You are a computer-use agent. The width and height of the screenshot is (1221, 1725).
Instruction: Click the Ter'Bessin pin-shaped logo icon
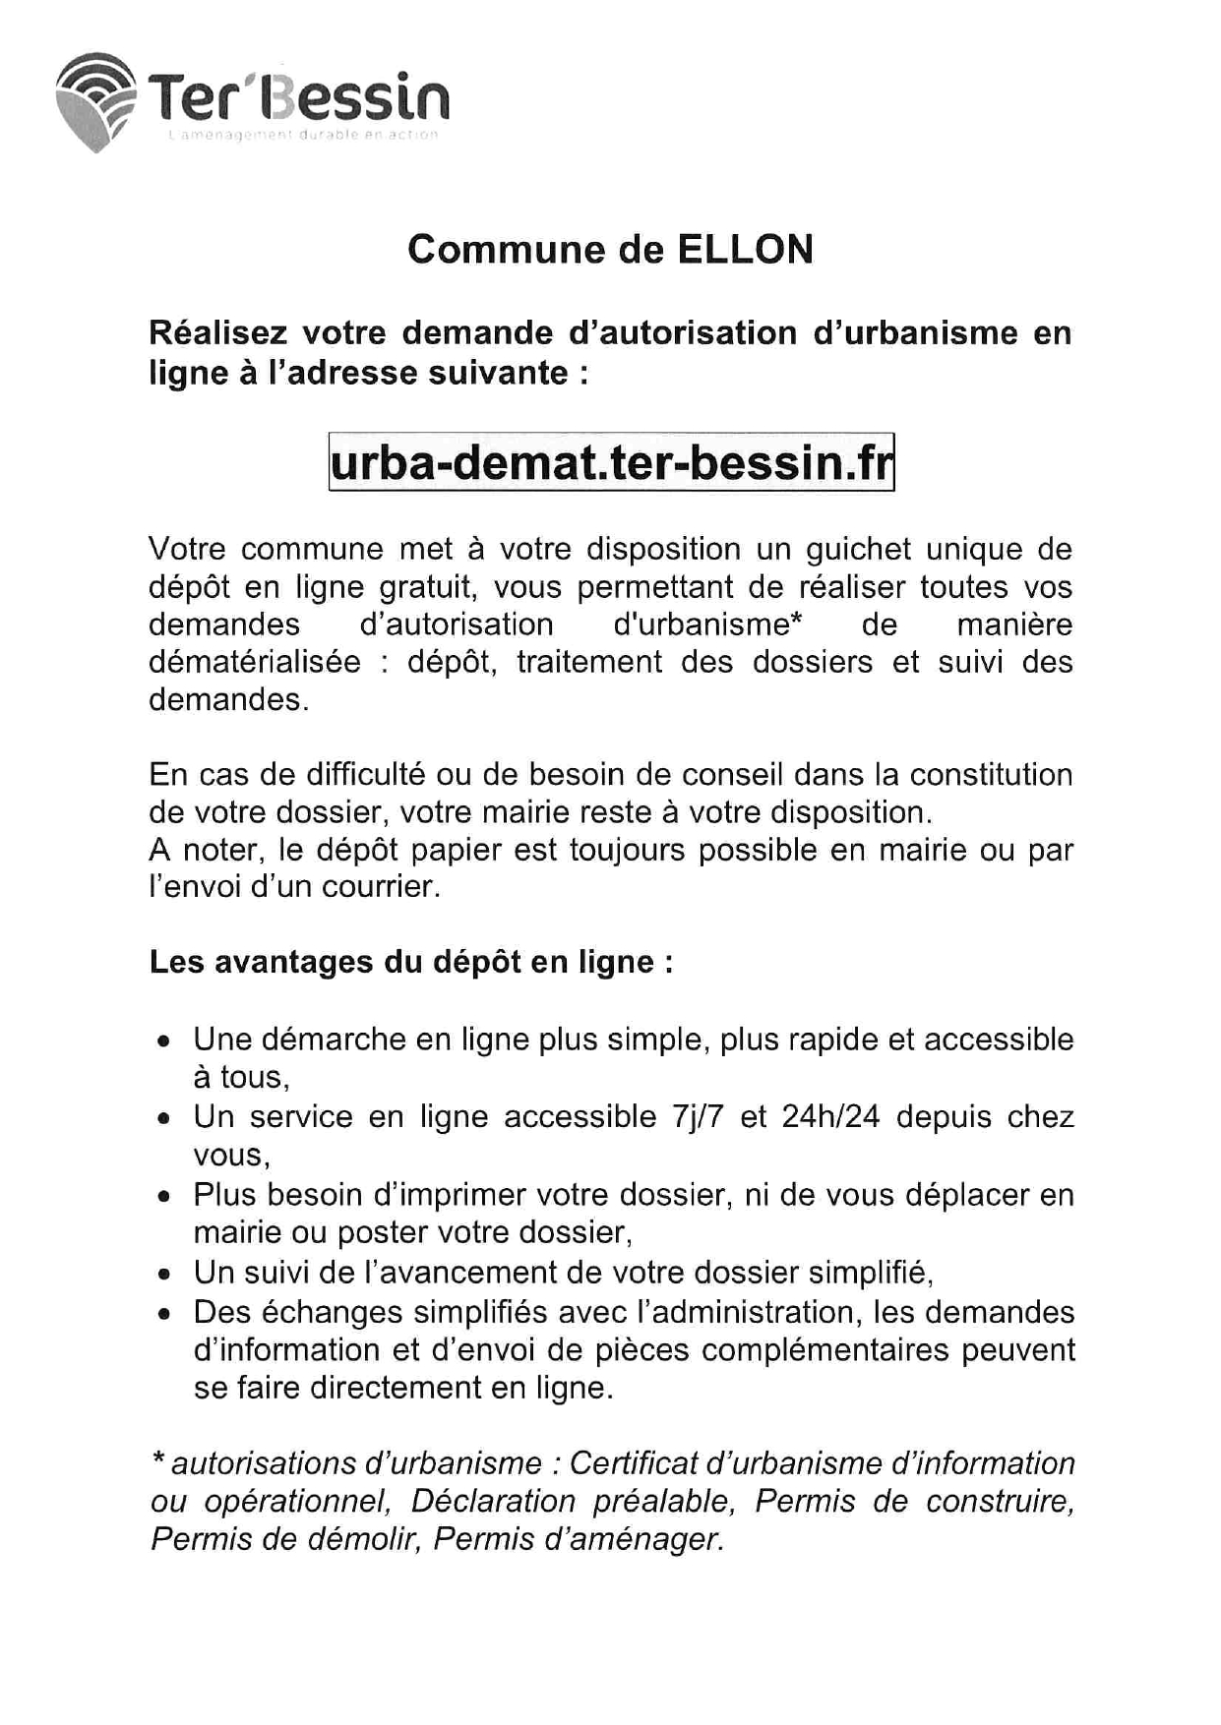(95, 102)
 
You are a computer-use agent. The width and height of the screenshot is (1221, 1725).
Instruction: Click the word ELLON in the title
(745, 250)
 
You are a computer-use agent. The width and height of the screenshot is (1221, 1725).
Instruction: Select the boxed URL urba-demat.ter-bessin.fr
(611, 462)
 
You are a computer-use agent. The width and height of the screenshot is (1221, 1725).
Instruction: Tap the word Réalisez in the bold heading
(217, 333)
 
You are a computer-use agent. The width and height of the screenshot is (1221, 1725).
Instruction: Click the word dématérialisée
(255, 662)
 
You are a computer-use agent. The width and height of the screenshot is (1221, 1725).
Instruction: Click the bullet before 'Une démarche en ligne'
(164, 1041)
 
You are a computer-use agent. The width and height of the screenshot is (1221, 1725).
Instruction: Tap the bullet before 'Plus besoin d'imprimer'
(164, 1197)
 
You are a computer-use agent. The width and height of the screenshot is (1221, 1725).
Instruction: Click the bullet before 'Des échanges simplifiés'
(164, 1314)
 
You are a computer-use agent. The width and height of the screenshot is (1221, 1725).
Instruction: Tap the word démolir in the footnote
(360, 1539)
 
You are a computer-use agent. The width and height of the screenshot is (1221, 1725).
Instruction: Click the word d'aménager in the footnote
(579, 1539)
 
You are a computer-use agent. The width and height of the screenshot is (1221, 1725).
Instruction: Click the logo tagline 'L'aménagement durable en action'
(303, 135)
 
